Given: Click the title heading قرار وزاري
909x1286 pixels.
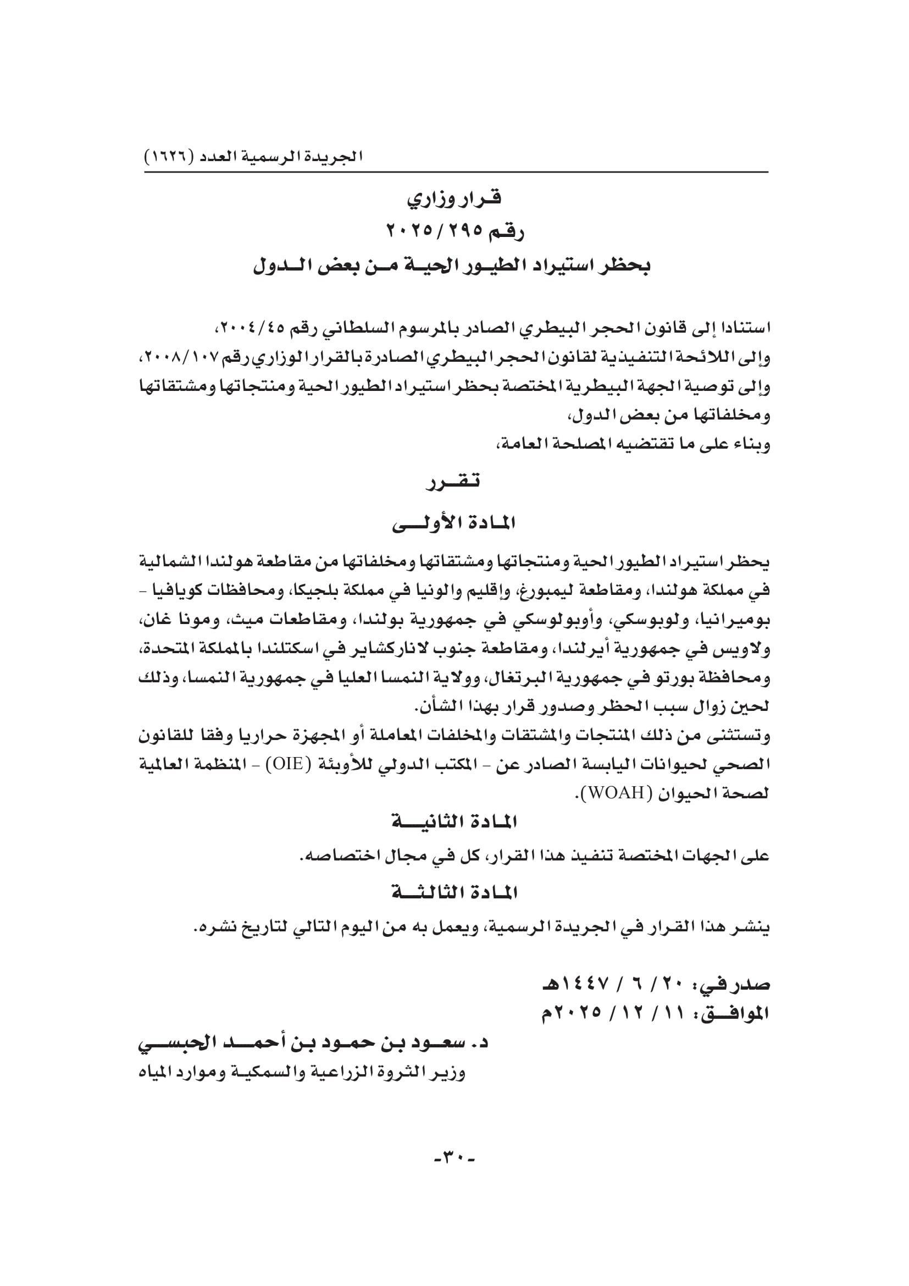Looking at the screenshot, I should coord(454,199).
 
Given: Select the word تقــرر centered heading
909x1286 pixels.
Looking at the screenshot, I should coord(454,481).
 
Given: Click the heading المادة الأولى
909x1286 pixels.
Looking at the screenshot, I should coord(454,524).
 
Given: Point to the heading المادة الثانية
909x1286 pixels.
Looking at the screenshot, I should coord(454,822).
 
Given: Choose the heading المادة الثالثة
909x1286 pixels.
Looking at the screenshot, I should coord(454,893).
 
